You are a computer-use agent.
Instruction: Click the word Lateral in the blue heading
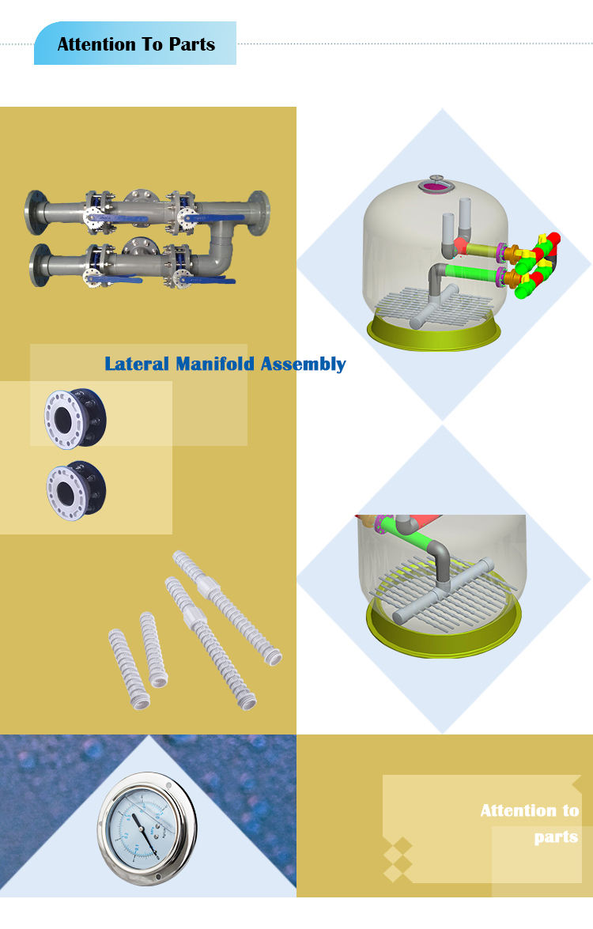tap(137, 364)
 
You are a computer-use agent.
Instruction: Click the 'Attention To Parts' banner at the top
tap(135, 44)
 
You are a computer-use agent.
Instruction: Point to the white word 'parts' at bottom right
tap(556, 837)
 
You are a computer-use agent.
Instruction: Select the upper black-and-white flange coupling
tap(75, 416)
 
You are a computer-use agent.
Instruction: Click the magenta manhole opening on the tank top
tap(437, 185)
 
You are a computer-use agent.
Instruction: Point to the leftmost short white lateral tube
tap(129, 668)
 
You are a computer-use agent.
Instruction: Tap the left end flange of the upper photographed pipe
tap(35, 212)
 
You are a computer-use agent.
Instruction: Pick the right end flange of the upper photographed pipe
tap(259, 211)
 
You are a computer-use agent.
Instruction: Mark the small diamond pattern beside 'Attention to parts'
tap(398, 859)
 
